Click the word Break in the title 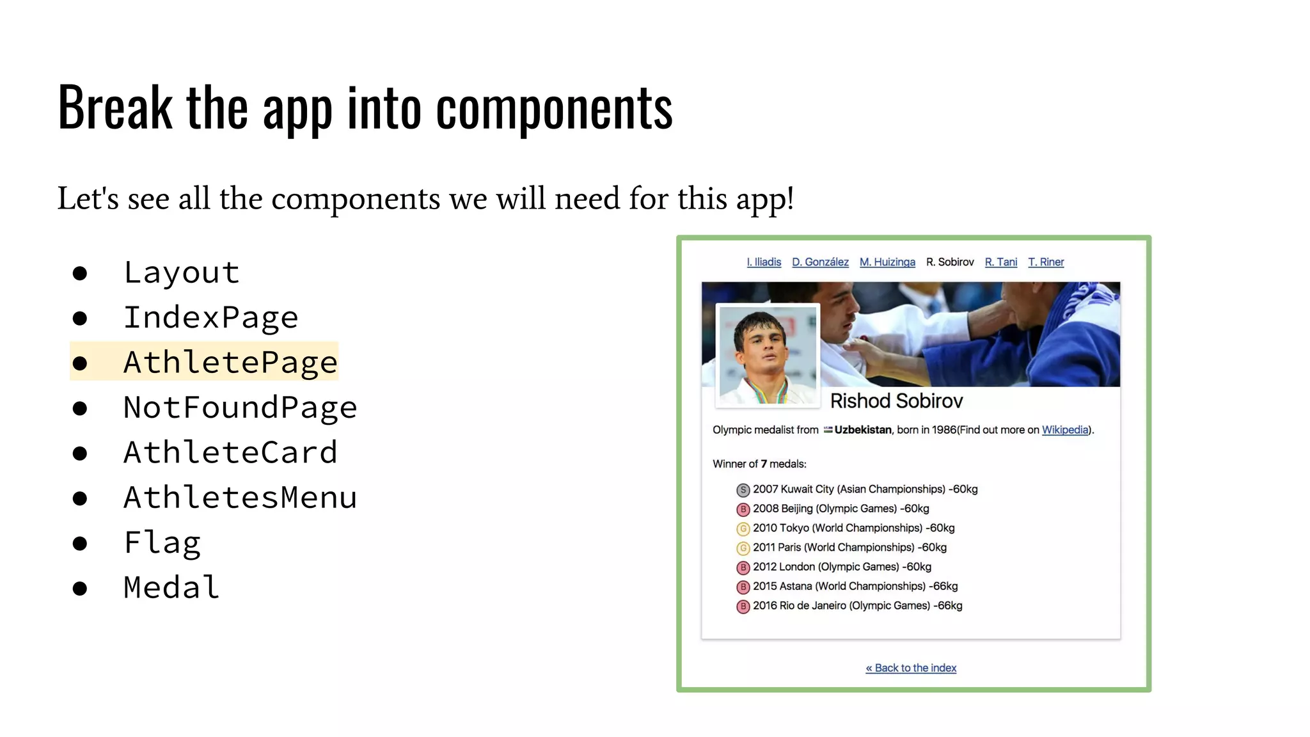(115, 107)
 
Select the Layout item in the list (182, 273)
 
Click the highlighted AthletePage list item (230, 362)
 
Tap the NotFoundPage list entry (240, 408)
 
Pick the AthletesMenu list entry (240, 497)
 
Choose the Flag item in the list (162, 543)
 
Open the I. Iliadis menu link (764, 262)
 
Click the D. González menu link (820, 262)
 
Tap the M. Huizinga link (887, 262)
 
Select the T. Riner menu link (1046, 262)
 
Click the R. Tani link (1001, 262)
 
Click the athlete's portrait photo (768, 355)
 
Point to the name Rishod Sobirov (896, 401)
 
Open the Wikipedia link (1065, 430)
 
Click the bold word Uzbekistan (862, 430)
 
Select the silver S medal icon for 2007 (743, 490)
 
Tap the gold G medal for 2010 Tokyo (743, 529)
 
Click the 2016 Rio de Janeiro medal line (857, 606)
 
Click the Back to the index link (911, 668)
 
